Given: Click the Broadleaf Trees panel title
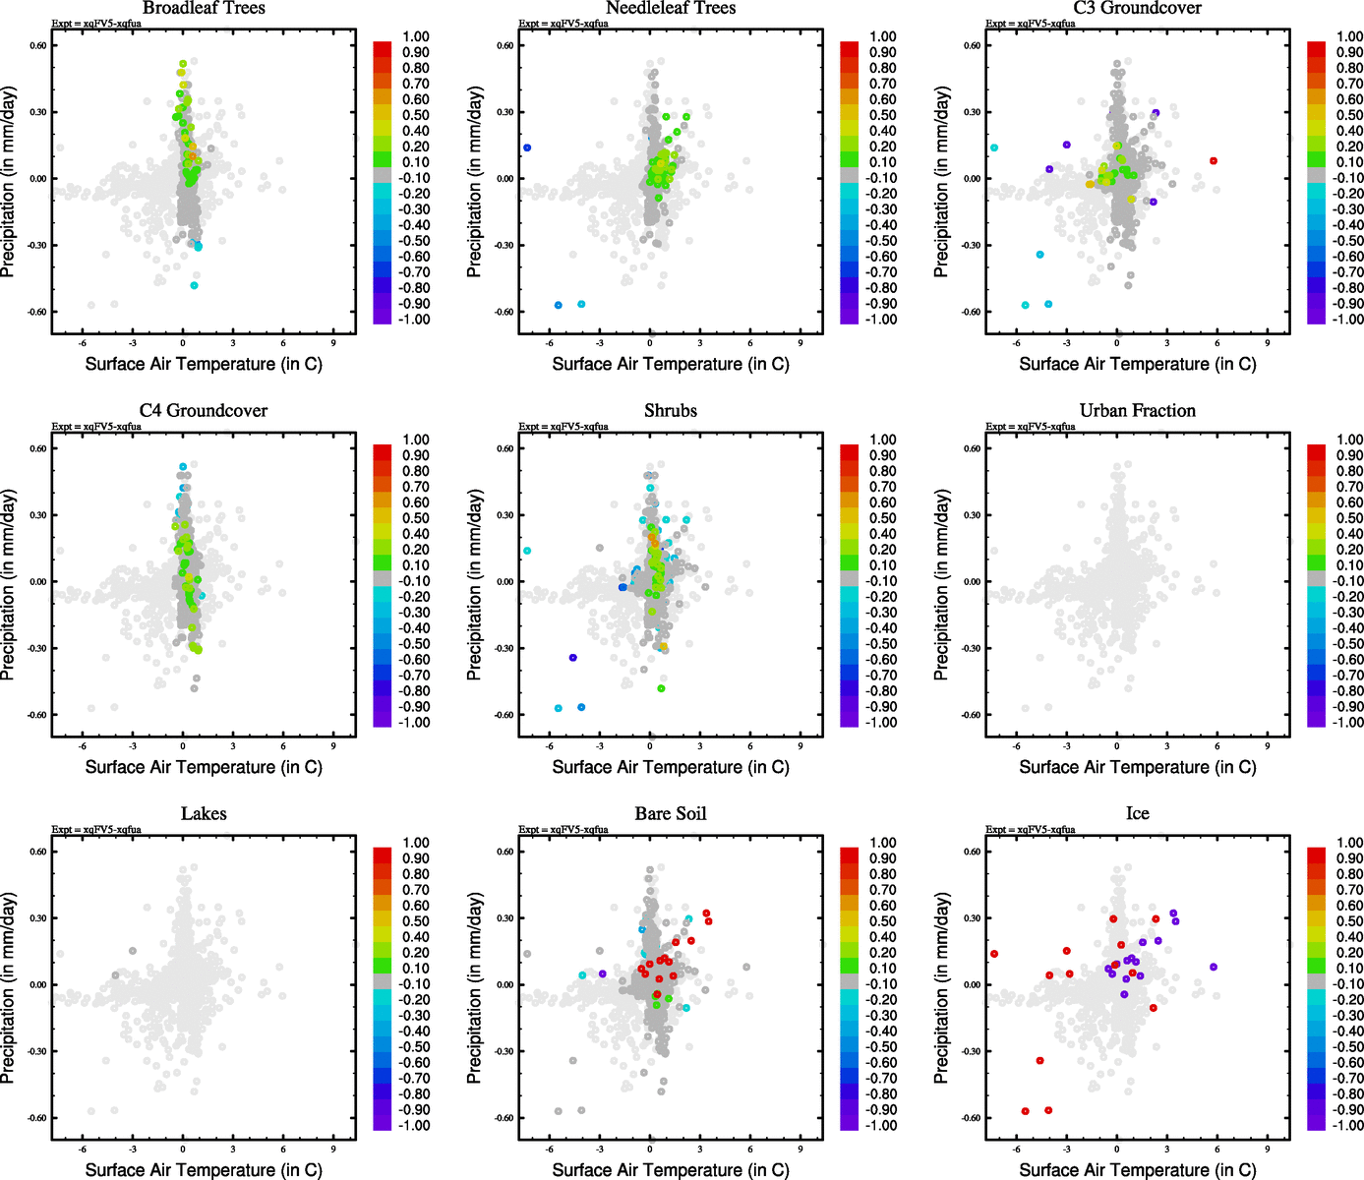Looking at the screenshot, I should click(204, 8).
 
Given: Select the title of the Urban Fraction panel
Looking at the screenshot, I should click(1137, 411).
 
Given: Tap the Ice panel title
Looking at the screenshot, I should click(1137, 814).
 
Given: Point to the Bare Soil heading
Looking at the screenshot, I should click(671, 814).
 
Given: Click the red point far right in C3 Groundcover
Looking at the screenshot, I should click(1214, 160).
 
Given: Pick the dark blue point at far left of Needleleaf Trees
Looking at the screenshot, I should click(527, 147).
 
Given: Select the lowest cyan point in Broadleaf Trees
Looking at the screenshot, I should click(194, 285).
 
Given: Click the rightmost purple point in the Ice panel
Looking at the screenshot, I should click(1214, 967).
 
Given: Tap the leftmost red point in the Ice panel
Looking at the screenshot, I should click(994, 954).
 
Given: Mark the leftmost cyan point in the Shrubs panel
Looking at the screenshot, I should click(527, 551).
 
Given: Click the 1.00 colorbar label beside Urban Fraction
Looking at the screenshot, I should click(1349, 440).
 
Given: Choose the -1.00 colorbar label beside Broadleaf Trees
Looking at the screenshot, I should click(414, 320).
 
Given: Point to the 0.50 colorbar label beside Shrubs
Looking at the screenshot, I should click(883, 518).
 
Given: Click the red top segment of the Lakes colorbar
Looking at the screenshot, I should click(383, 852).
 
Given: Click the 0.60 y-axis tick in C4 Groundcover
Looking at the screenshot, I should click(37, 448).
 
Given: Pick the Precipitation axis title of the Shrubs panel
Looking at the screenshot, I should click(475, 584).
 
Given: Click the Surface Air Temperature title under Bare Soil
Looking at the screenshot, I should click(671, 1169).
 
